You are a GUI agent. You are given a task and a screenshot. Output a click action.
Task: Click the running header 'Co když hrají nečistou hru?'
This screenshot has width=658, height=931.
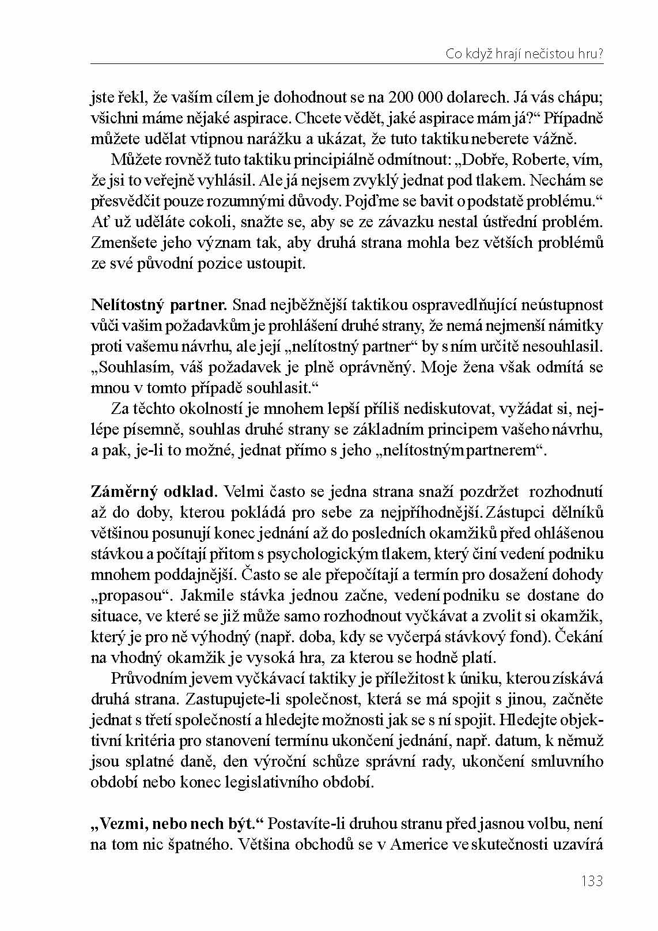(524, 54)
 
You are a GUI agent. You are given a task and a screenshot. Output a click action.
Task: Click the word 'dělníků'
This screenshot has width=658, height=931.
(578, 512)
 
